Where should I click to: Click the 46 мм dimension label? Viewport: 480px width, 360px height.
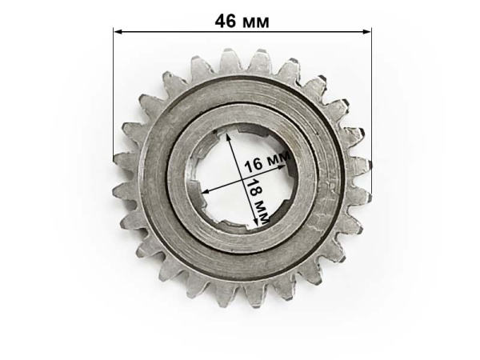tap(242, 22)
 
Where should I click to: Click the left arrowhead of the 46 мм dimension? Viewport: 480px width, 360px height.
tap(118, 31)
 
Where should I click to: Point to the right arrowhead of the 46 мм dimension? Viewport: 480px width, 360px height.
tap(367, 31)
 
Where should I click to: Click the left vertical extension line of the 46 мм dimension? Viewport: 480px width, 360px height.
tap(114, 96)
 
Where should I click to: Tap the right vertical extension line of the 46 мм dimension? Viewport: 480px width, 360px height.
tap(372, 110)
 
